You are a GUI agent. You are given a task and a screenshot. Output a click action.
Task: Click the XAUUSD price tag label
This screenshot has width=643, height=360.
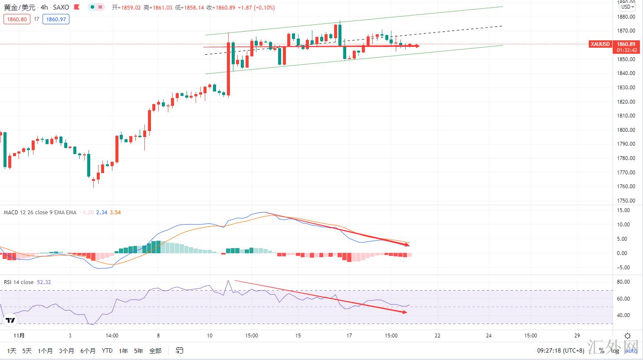tap(600, 44)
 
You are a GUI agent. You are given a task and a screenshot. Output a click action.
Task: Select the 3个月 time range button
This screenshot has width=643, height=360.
tap(66, 350)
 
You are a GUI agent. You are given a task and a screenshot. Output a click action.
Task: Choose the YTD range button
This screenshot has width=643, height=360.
tap(107, 350)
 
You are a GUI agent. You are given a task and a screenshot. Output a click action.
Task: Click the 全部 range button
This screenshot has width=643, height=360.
tap(155, 350)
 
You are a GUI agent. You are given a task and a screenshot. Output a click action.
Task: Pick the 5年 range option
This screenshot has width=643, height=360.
tap(138, 350)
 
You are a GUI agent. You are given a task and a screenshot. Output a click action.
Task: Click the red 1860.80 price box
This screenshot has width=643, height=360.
tap(17, 19)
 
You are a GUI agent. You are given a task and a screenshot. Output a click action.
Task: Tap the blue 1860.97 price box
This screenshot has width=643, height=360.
tap(56, 19)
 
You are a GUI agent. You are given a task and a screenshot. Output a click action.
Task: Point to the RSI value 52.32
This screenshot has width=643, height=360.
tap(44, 282)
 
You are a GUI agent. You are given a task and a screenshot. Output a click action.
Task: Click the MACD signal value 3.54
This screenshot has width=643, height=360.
tap(115, 213)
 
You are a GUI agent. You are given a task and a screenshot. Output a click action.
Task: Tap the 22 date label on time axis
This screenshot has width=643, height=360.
tap(437, 335)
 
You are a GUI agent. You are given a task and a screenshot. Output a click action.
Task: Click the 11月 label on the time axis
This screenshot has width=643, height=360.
tap(19, 335)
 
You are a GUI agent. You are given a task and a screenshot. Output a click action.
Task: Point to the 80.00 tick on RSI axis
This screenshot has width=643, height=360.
tap(623, 282)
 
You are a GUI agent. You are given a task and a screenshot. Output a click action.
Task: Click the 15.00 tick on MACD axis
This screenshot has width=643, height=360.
tap(623, 210)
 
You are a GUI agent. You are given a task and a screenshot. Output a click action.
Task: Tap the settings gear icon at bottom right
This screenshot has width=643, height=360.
tap(627, 336)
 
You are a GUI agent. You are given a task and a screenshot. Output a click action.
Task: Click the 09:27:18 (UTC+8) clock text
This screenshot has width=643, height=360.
tap(561, 350)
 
